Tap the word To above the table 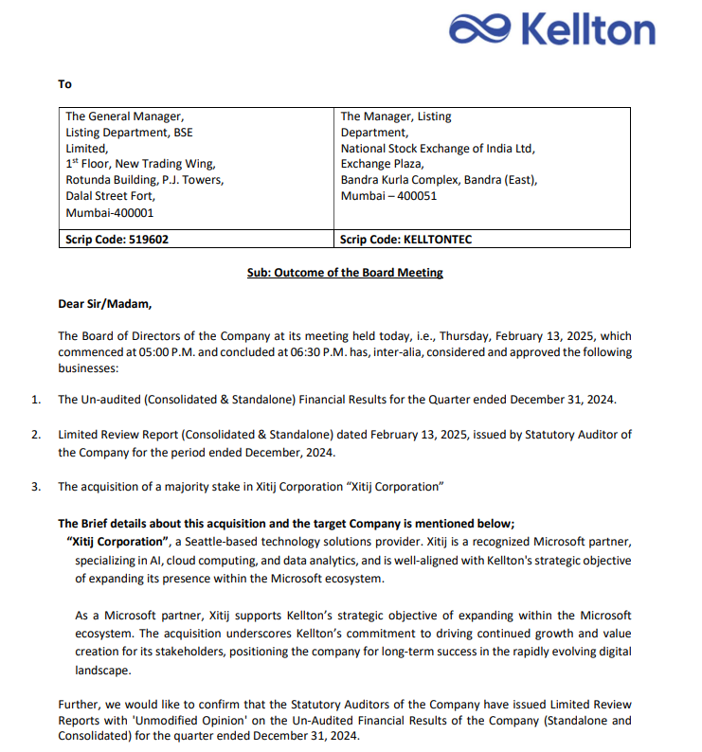[x=64, y=84]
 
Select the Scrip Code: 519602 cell [x=117, y=240]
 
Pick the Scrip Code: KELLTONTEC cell [x=405, y=240]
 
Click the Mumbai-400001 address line [x=109, y=213]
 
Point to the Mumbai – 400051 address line [x=388, y=196]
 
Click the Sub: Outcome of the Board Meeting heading [x=345, y=273]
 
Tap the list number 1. [x=36, y=400]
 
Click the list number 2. [x=36, y=435]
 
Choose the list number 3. [x=36, y=487]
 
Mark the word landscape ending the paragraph [x=103, y=669]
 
